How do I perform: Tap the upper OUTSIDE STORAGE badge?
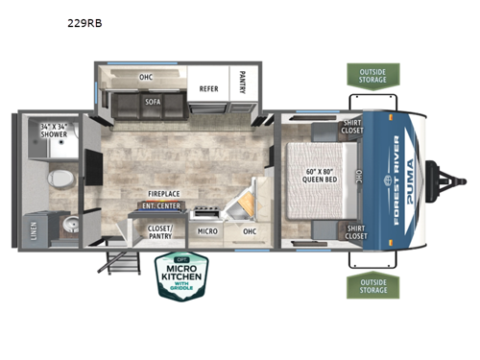point(373,75)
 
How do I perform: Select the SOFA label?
point(152,100)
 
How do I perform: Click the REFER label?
point(208,89)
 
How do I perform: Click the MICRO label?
point(206,231)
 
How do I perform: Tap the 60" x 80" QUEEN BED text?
point(311,173)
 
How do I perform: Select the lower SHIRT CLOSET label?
point(355,231)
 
